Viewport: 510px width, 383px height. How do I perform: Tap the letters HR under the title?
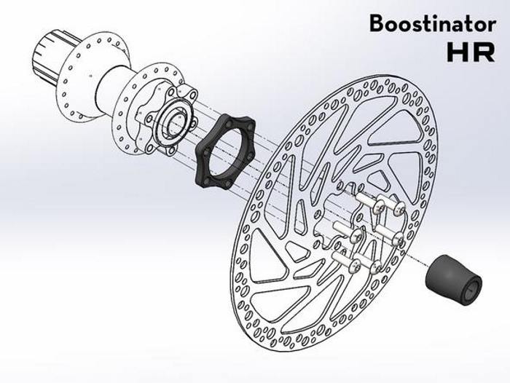point(472,52)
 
